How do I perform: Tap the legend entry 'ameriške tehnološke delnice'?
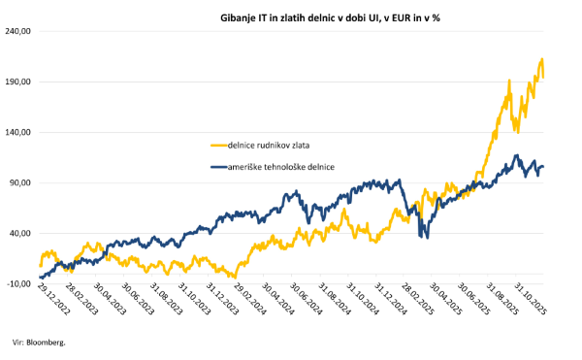click(281, 168)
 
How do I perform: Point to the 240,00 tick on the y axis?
click(19, 31)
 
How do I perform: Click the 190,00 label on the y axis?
click(19, 82)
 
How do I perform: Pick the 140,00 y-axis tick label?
click(19, 132)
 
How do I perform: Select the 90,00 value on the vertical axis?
click(21, 182)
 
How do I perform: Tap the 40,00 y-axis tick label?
click(21, 233)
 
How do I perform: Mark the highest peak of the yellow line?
click(540, 59)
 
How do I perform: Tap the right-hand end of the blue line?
click(543, 167)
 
